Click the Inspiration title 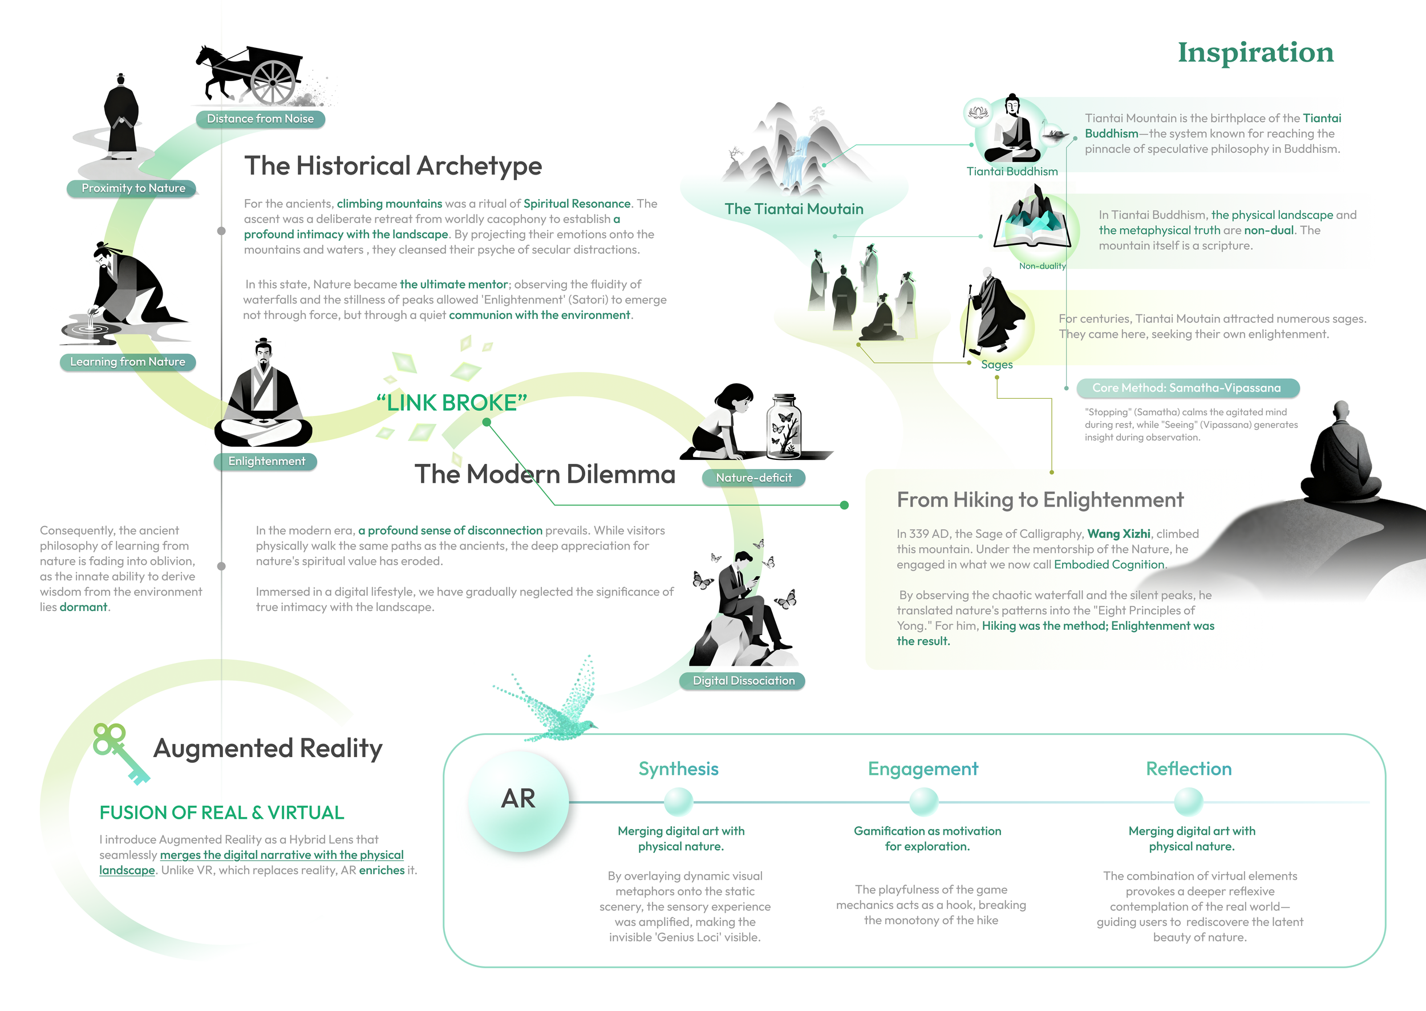click(x=1255, y=52)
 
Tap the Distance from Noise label click(x=260, y=119)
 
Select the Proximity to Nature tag click(x=133, y=188)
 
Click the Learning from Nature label click(x=128, y=362)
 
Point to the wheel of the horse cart click(x=273, y=82)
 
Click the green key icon click(x=120, y=753)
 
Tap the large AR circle click(x=518, y=799)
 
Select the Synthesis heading click(x=678, y=769)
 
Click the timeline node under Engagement click(x=923, y=802)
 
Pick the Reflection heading click(x=1189, y=769)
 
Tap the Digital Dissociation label click(x=743, y=681)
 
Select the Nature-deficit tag click(x=753, y=478)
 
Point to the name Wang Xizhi click(x=1119, y=533)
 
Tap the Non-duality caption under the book click(x=1042, y=266)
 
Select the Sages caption click(x=996, y=365)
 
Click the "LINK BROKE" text click(x=452, y=403)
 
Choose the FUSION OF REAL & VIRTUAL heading click(x=221, y=812)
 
